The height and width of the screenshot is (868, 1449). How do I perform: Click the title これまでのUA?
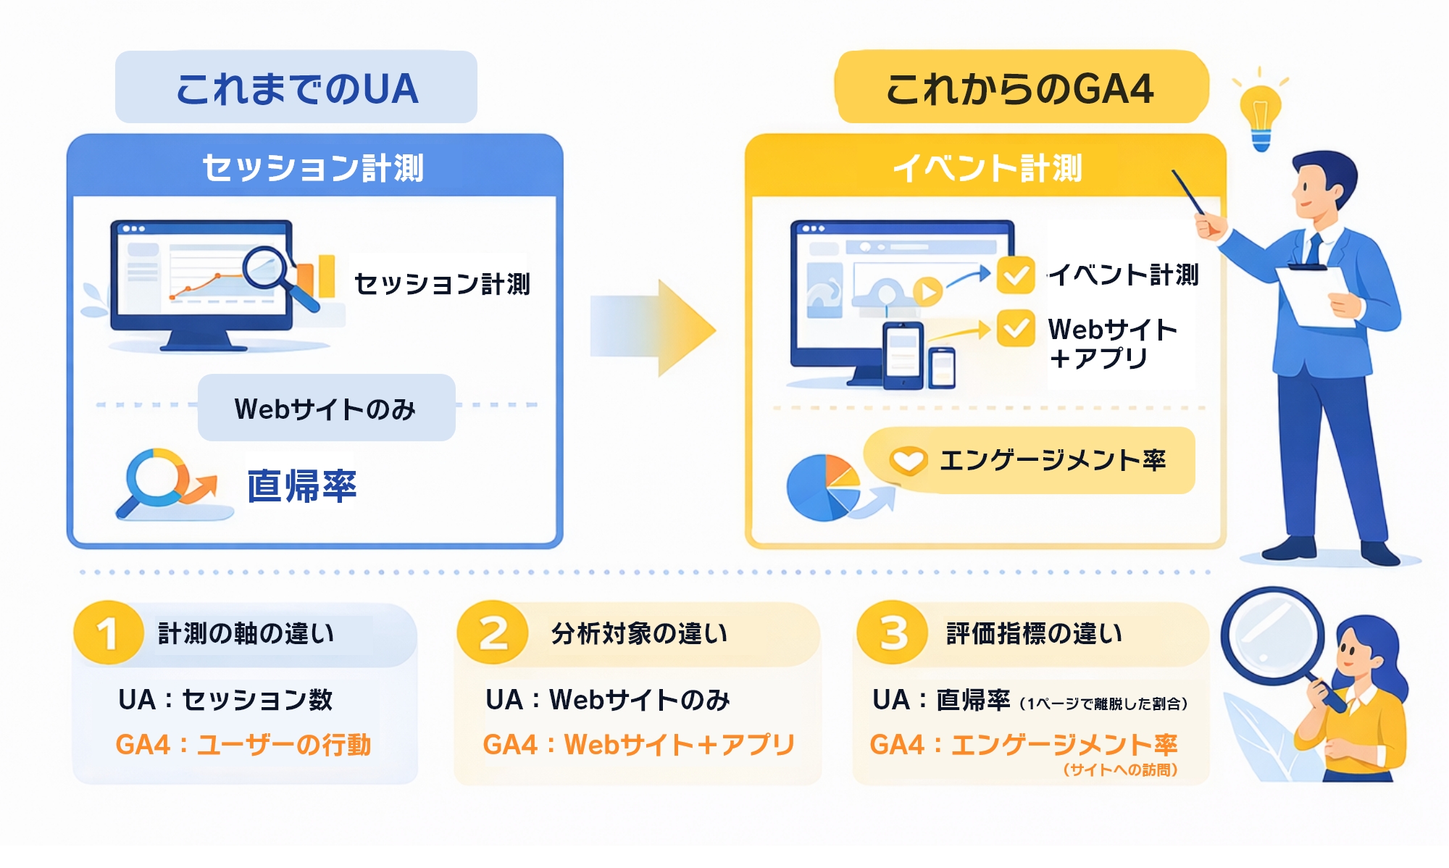coord(296,88)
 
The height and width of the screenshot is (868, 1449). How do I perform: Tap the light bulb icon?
coord(1261,112)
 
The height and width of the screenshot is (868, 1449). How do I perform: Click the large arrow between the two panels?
coord(652,329)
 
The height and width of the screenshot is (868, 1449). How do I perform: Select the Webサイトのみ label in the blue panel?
coord(326,409)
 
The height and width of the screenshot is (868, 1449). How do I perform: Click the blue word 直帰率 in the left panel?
coord(301,485)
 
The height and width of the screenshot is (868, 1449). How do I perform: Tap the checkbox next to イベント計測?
coord(1016,275)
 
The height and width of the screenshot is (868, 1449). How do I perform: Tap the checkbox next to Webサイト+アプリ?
coord(1016,329)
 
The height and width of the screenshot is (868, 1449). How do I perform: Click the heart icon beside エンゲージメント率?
coord(908,460)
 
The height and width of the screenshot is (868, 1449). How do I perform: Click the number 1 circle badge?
coord(108,633)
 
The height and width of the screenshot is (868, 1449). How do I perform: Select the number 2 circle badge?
coord(493,633)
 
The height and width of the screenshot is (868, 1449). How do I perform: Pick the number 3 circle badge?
coord(893,633)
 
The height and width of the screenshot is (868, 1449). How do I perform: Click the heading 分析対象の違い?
coord(639,634)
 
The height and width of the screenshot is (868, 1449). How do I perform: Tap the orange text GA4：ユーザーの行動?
coord(243,744)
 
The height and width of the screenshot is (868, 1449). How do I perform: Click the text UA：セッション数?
coord(225,700)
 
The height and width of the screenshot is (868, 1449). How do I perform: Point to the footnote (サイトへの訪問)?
coord(1120,769)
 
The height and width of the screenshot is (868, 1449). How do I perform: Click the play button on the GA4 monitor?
coord(927,291)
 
